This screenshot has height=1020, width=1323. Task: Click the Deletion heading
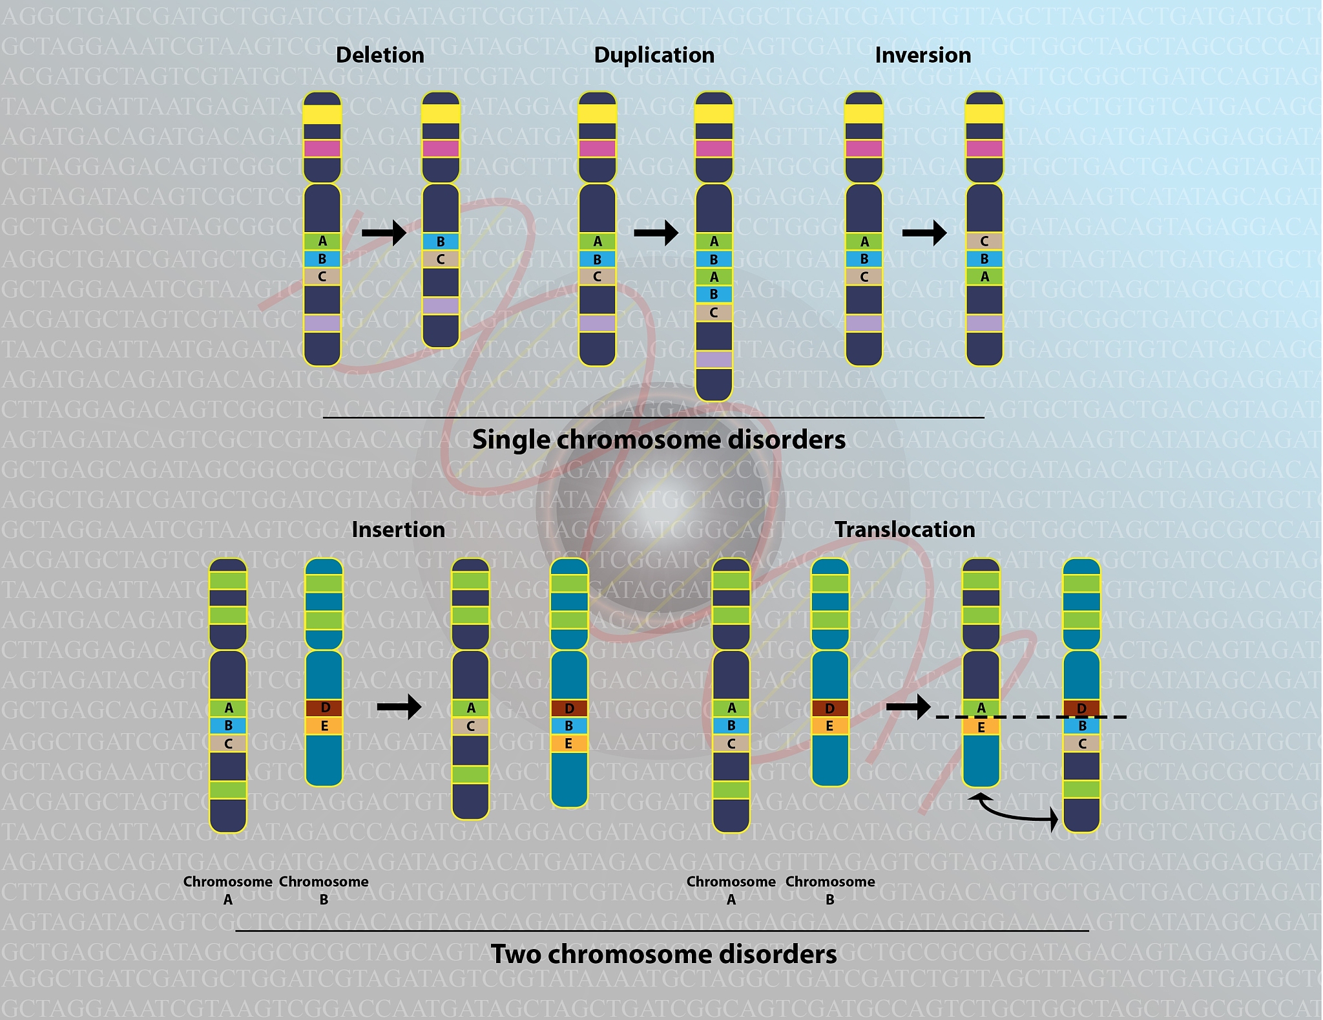coord(380,56)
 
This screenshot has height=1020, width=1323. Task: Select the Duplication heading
coord(654,56)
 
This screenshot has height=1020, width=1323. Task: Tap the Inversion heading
coord(922,56)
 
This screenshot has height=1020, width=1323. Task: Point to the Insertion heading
coord(398,530)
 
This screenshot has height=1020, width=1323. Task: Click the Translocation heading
coord(904,530)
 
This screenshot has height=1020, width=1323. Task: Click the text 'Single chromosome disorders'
coord(658,440)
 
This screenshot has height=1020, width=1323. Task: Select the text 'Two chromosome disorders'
coord(663,955)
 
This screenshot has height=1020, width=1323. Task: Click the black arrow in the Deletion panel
coord(384,232)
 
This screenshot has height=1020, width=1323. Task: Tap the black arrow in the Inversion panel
coord(924,232)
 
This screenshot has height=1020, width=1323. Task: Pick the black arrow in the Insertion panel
coord(399,707)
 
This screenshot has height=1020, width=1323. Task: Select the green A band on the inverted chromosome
coord(984,277)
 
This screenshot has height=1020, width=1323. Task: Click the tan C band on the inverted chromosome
coord(984,241)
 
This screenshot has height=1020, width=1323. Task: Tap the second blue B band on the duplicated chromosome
coord(714,295)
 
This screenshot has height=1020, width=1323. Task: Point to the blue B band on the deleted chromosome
coord(441,242)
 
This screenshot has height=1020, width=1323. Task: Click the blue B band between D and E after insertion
coord(569,726)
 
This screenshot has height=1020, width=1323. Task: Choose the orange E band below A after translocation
coord(981,728)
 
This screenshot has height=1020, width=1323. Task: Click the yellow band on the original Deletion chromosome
coord(322,114)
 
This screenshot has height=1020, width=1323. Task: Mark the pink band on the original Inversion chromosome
coord(864,149)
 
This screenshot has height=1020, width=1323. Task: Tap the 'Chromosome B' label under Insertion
coord(324,890)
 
